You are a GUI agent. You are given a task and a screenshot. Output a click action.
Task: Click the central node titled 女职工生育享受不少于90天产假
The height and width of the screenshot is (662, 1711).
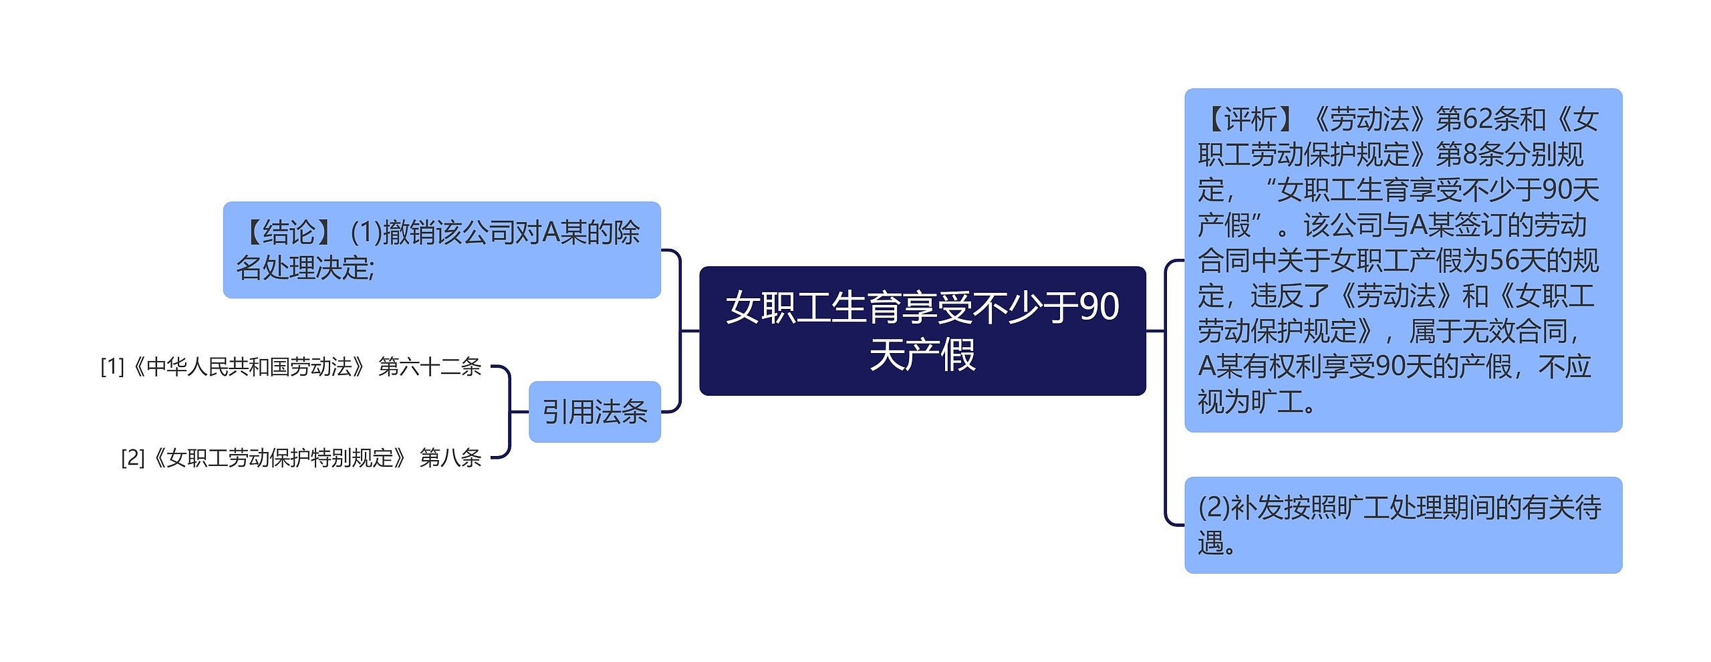click(922, 330)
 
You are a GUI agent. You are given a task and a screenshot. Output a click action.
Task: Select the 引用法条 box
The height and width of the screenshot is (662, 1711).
click(594, 412)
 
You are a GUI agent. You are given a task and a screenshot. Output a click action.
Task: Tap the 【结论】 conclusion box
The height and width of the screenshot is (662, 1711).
click(441, 249)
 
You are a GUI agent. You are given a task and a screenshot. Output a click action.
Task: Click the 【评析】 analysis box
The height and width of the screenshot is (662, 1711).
click(1402, 260)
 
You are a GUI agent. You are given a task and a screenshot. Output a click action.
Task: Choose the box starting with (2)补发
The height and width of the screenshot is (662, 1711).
click(1402, 525)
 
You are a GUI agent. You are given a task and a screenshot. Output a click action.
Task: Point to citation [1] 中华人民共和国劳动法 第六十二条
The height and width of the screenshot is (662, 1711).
click(291, 366)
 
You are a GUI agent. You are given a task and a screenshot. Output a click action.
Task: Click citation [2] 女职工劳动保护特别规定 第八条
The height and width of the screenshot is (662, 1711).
click(301, 458)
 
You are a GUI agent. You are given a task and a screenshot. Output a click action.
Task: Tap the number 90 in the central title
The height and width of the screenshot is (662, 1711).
click(1099, 307)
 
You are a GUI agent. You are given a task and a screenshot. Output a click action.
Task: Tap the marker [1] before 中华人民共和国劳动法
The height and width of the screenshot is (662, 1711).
click(112, 366)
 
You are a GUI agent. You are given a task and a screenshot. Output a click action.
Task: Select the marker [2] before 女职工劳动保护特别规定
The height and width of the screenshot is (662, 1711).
click(132, 458)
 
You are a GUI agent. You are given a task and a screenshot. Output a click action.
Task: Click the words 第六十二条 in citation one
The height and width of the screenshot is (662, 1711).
click(430, 366)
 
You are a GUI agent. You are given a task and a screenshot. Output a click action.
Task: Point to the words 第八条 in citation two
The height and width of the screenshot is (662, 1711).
click(450, 458)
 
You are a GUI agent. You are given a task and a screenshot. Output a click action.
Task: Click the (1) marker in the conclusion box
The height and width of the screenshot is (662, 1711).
click(366, 233)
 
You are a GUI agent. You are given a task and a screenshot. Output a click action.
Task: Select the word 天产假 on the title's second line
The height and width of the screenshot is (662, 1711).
click(922, 354)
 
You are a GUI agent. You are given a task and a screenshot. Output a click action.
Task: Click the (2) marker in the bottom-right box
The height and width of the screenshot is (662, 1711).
click(1214, 508)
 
